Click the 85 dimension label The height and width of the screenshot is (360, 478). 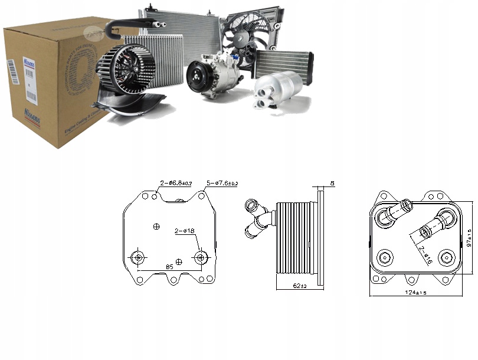(169, 268)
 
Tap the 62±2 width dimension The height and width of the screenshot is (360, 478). (300, 286)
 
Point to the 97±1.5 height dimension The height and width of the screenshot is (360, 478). (470, 238)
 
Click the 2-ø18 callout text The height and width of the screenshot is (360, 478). (184, 231)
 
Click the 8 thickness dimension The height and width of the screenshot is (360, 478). (332, 184)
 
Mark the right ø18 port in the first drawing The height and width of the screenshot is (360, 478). (201, 257)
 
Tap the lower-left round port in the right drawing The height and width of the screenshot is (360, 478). (385, 257)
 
